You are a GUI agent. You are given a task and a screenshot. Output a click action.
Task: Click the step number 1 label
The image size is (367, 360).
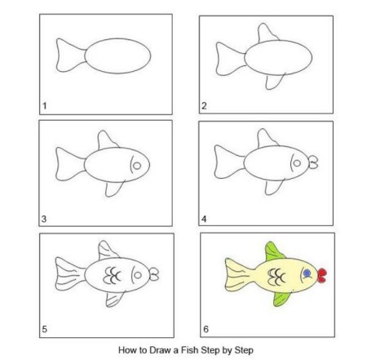pos(45,105)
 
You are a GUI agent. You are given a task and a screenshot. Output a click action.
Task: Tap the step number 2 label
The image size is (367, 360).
pos(204,105)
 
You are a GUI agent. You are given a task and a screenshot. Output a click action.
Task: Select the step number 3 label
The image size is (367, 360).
pos(44,219)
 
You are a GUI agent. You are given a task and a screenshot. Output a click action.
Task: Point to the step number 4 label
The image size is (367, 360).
pos(204,219)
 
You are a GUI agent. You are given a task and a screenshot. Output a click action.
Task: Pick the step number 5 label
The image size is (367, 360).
pos(44,329)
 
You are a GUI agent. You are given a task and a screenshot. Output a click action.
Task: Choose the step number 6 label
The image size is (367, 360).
pos(206,329)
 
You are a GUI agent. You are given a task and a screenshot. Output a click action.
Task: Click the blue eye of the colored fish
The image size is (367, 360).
pos(307,273)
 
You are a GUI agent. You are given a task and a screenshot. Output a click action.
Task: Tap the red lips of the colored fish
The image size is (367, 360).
pos(322,275)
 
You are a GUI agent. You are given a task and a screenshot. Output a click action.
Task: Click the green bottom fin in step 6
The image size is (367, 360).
pos(281,299)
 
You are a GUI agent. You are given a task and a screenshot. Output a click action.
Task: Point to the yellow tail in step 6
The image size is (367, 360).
pos(239,275)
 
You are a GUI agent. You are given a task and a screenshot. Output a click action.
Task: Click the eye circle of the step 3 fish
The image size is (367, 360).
pos(137,166)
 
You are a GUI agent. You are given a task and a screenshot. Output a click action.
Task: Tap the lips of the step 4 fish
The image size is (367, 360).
pos(313,162)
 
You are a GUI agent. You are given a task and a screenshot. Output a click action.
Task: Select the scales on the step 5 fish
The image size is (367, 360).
pos(112,275)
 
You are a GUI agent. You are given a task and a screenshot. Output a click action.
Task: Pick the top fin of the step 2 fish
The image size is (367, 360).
pos(268,33)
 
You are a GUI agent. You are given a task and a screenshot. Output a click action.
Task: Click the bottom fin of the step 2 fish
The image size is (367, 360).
pos(275,81)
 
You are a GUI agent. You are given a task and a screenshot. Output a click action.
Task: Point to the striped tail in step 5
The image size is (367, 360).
pos(70,273)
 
